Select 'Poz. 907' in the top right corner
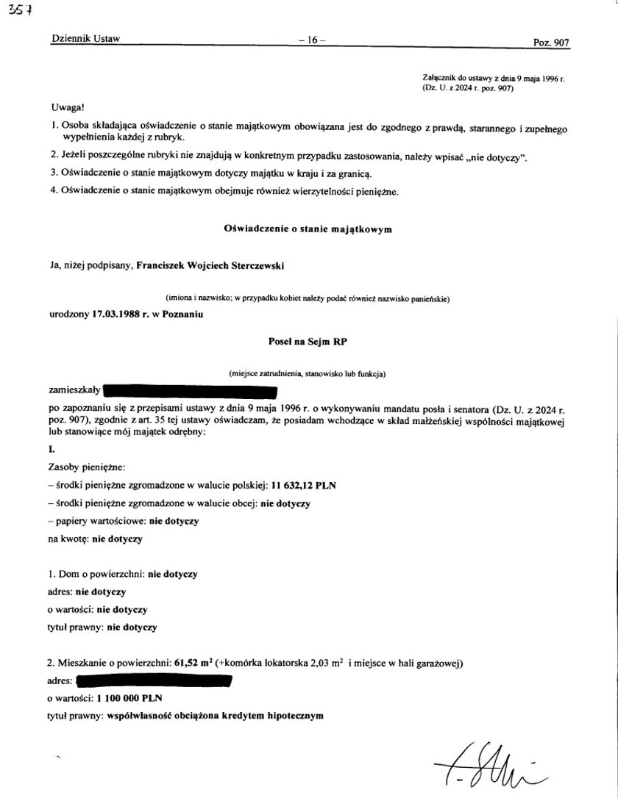point(551,43)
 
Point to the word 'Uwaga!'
point(68,108)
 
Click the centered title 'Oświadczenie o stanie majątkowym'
point(308,229)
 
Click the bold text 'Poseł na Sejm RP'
point(308,341)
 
